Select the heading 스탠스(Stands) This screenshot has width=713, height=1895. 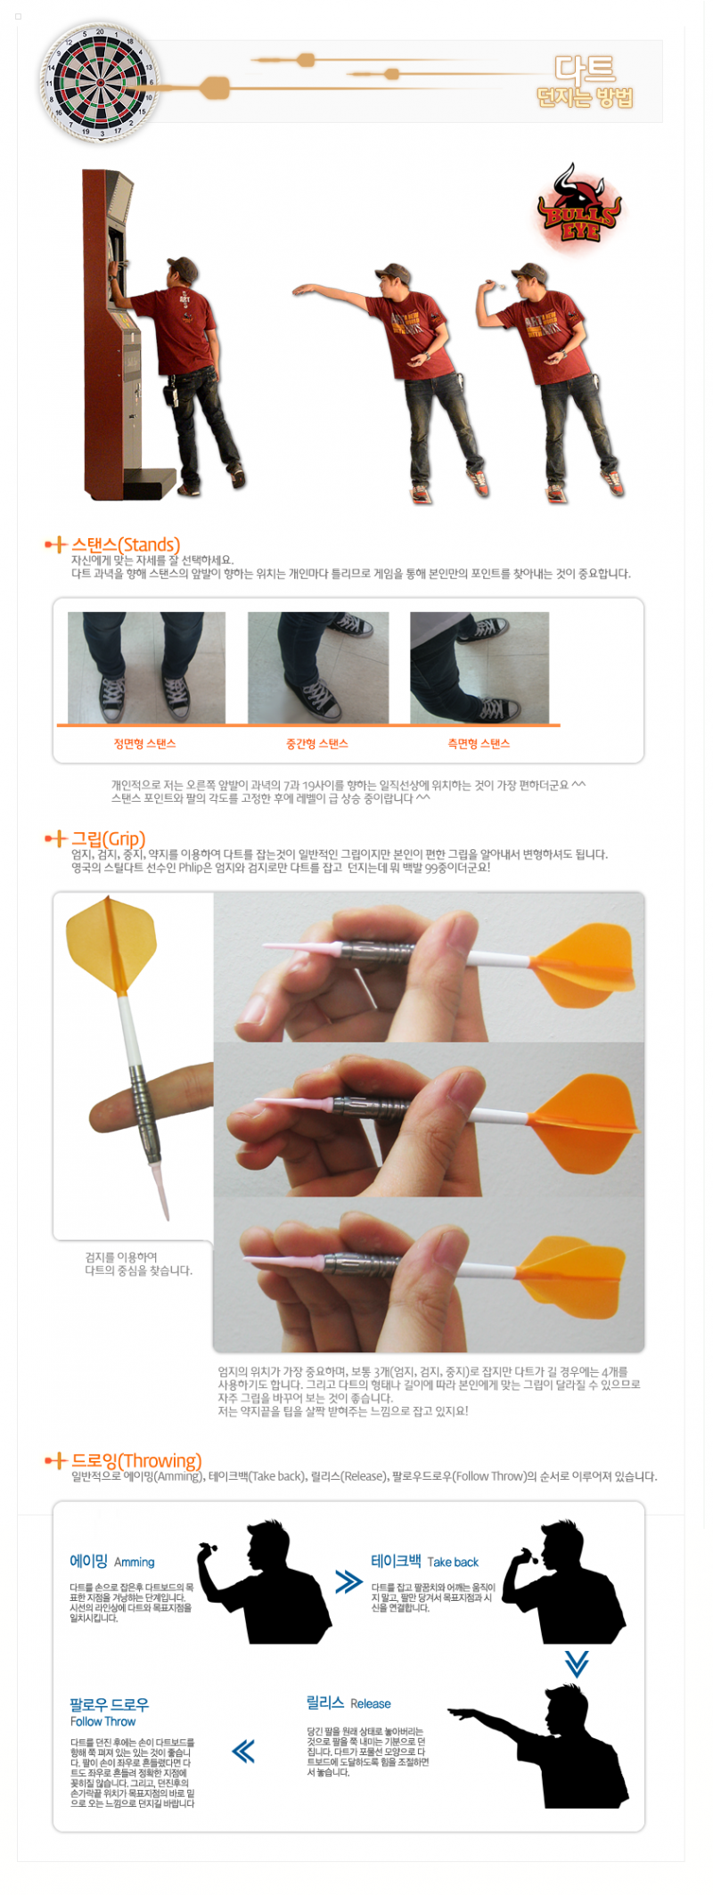(x=126, y=544)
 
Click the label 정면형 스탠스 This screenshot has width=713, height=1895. (x=144, y=744)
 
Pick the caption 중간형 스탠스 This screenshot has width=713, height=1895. (x=316, y=744)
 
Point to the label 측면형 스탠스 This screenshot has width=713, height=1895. (x=479, y=744)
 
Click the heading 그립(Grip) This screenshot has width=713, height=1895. (x=108, y=838)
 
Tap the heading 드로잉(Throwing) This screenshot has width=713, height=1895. (x=136, y=1461)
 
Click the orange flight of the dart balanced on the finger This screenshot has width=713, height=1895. (x=111, y=944)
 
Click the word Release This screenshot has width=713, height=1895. (x=370, y=1703)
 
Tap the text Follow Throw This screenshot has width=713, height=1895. (x=102, y=1721)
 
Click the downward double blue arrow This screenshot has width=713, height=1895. (x=577, y=1662)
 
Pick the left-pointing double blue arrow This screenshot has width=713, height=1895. (x=243, y=1751)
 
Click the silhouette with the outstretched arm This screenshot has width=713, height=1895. (x=544, y=1746)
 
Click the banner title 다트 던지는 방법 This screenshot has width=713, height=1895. (x=585, y=82)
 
